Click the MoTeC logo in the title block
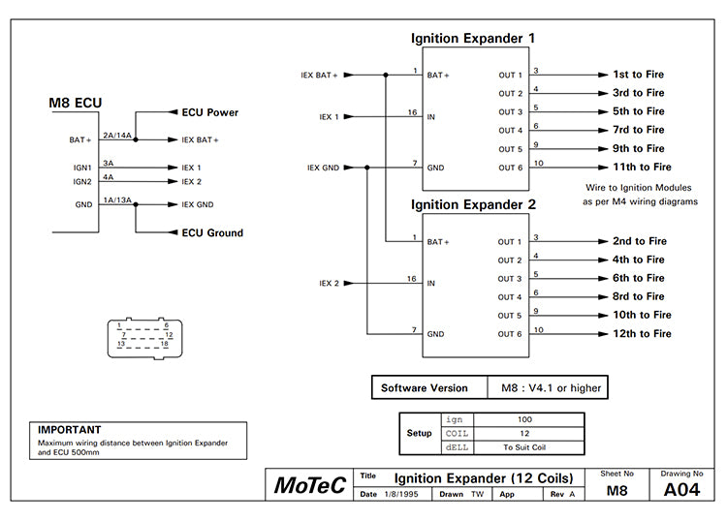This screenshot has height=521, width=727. [x=309, y=485]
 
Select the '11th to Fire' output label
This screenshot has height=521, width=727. [x=642, y=168]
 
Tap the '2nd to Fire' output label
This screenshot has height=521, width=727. [x=640, y=241]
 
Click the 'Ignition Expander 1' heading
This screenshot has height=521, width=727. [x=472, y=39]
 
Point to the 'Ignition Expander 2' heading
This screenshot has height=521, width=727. [x=472, y=205]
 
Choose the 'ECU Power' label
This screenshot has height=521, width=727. [x=209, y=112]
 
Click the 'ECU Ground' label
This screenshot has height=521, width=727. [x=211, y=232]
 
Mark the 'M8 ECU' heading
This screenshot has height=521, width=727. [x=76, y=104]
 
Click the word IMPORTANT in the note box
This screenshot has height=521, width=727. [x=69, y=429]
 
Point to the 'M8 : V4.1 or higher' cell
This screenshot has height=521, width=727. [x=551, y=388]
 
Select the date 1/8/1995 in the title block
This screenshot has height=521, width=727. [x=397, y=494]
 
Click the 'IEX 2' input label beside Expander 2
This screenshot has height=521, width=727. [x=330, y=283]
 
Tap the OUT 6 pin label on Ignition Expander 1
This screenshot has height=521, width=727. [x=510, y=168]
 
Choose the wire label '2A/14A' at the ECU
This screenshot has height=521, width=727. [x=116, y=135]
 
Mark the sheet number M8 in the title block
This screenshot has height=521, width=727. [x=616, y=490]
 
